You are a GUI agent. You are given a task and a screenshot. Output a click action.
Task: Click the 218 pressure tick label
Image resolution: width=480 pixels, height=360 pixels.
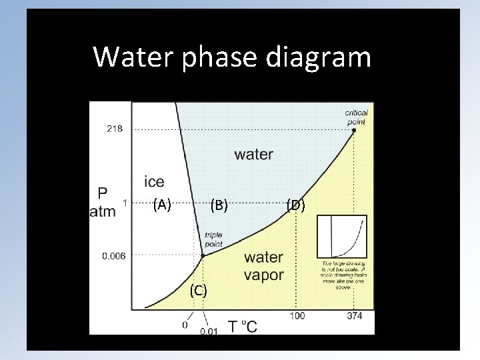115,129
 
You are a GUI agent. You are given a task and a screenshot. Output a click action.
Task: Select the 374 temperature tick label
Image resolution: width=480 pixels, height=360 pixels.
355,316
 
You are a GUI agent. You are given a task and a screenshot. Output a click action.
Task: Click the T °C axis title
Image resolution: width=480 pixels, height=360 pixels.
242,326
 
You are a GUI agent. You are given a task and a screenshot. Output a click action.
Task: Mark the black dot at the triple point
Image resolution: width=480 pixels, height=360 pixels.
203,255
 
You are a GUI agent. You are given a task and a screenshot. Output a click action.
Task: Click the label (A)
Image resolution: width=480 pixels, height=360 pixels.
162,205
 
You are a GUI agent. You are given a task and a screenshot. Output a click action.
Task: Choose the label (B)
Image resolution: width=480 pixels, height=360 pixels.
219,206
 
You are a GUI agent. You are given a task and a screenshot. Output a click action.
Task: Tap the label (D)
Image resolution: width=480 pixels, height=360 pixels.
296,205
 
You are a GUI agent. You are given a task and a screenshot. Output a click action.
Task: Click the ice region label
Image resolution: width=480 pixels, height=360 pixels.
154,181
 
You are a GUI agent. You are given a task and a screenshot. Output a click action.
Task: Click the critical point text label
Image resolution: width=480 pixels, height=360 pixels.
357,117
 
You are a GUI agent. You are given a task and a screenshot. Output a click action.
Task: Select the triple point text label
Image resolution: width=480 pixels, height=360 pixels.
214,239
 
